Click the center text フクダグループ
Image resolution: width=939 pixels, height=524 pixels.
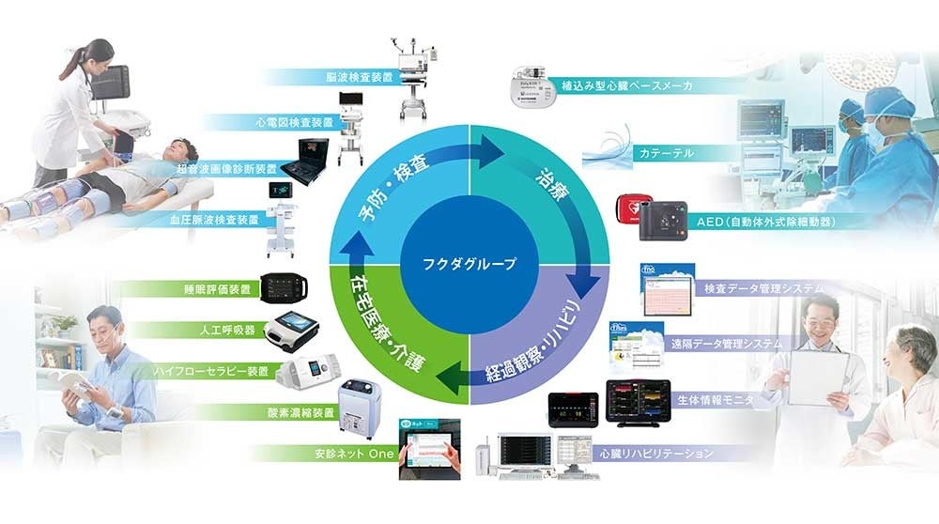tap(469, 264)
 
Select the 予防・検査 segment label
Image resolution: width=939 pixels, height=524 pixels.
tap(393, 189)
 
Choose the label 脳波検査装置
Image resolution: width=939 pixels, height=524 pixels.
tap(360, 77)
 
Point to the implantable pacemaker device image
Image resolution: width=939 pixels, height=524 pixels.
tap(533, 84)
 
